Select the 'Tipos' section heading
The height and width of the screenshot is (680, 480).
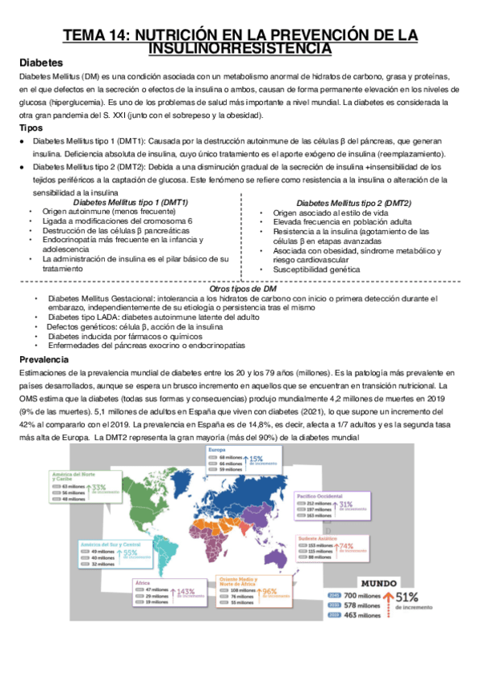[x=31, y=128]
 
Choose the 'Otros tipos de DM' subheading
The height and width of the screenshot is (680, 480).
[x=242, y=289]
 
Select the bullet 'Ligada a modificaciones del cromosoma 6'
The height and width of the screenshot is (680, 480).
[x=118, y=221]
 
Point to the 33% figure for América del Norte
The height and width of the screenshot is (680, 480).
[x=100, y=487]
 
